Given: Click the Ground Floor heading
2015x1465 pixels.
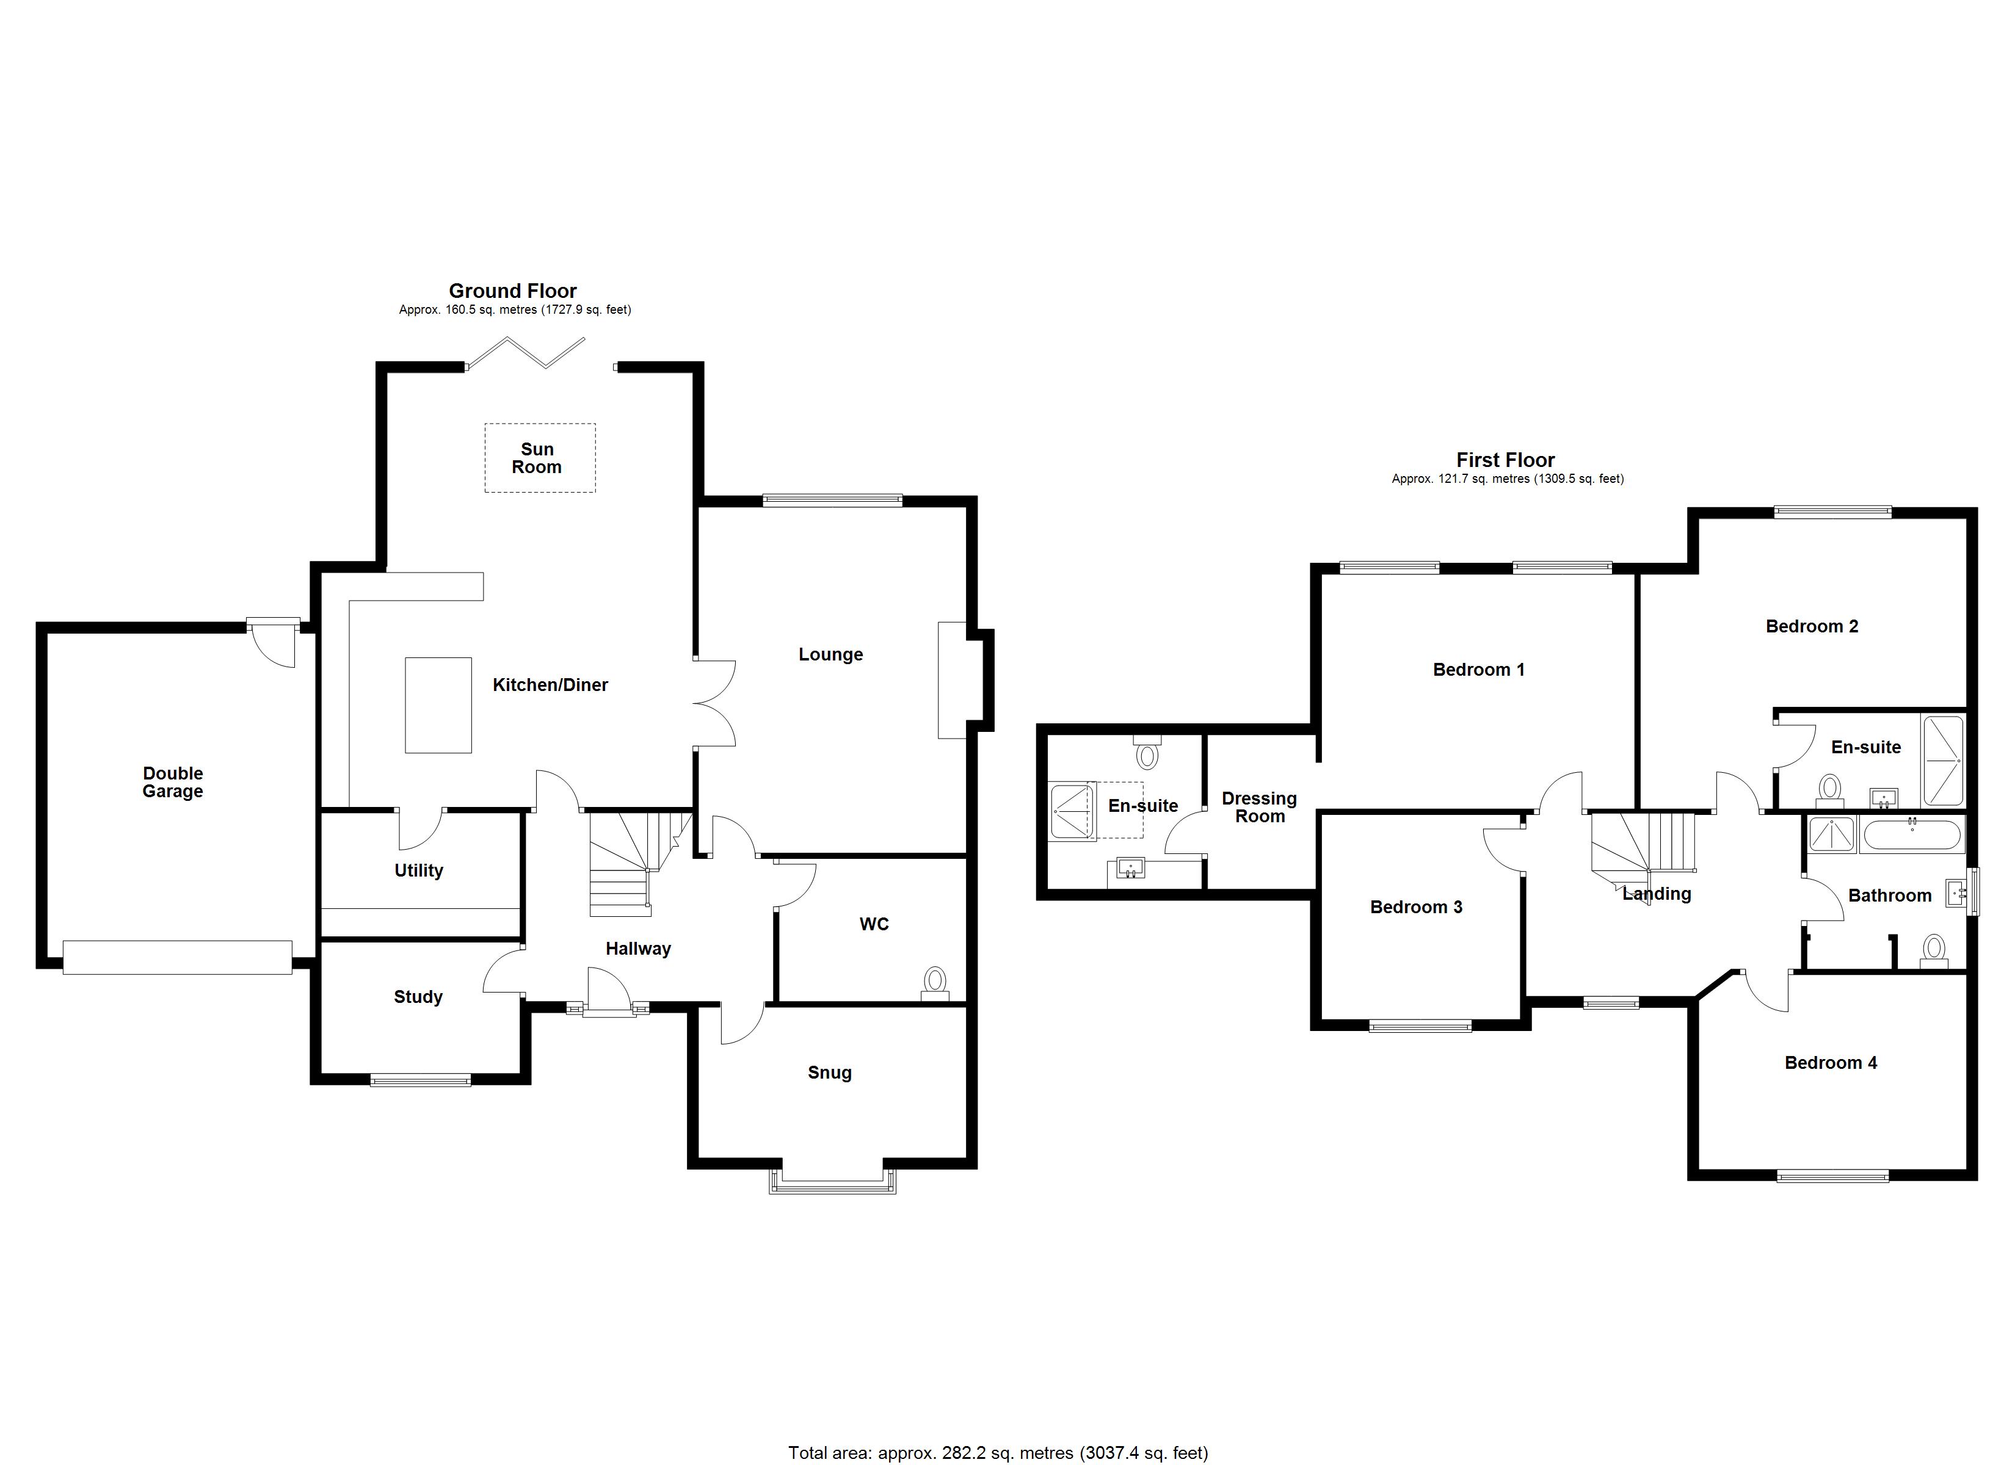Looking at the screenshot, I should [x=513, y=291].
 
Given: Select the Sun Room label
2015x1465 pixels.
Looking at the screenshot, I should [x=537, y=458].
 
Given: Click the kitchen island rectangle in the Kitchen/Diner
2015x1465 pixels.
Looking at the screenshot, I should [x=438, y=706].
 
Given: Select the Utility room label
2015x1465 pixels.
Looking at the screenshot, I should [x=418, y=870].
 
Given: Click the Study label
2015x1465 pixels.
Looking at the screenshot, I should [x=418, y=997].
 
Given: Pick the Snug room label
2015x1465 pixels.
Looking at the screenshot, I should [x=829, y=1073].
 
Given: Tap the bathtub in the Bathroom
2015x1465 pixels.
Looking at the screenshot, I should [x=1910, y=835].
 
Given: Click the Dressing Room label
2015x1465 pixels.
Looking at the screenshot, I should [x=1259, y=808].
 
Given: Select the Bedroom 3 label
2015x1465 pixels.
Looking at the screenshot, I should [x=1416, y=907].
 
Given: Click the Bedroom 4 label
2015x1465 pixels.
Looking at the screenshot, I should [x=1830, y=1063].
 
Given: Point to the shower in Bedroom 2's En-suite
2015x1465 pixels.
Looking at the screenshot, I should [x=1942, y=759].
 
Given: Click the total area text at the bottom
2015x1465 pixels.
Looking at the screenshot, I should [x=998, y=1453].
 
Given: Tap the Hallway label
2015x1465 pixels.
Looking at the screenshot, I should [x=638, y=949].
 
